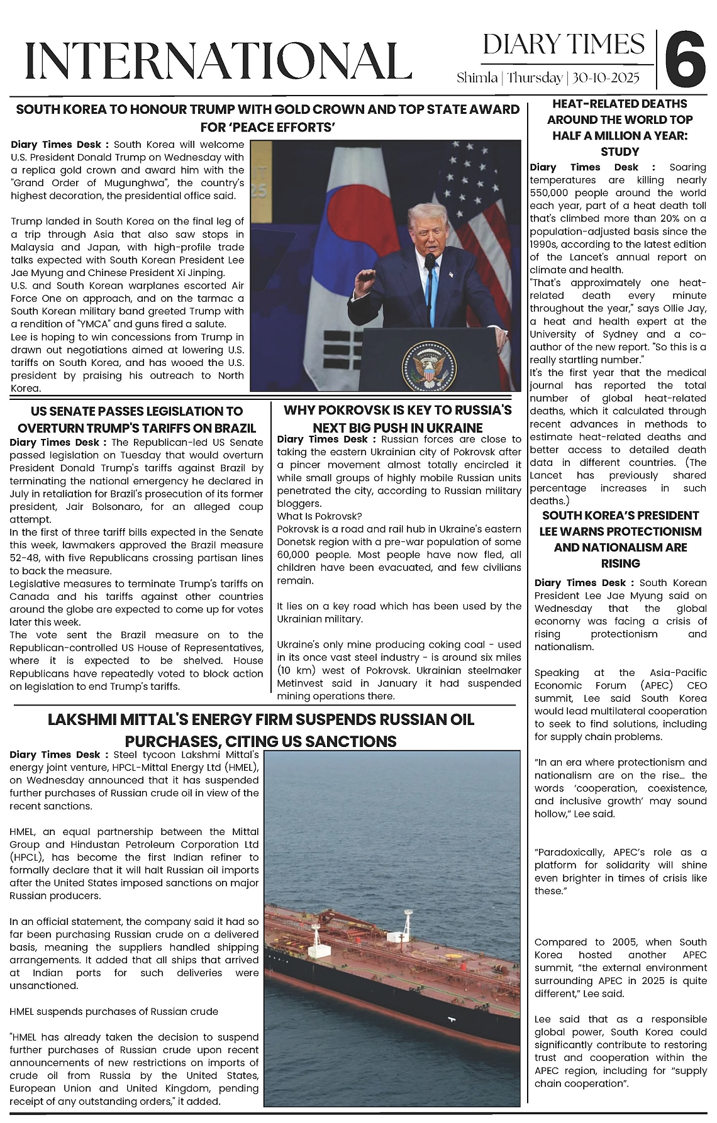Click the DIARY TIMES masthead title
point(564,45)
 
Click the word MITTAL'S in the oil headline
point(172,720)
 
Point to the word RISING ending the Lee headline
point(620,563)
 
